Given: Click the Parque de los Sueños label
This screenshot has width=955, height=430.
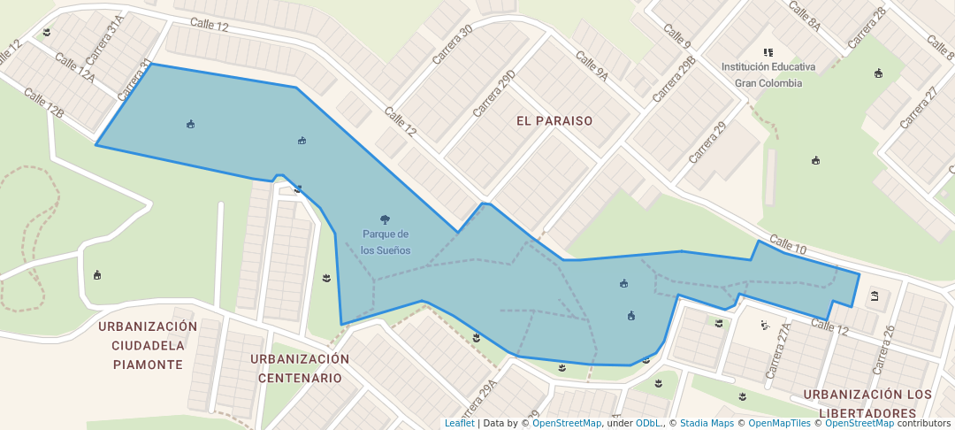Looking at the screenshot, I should click(386, 242).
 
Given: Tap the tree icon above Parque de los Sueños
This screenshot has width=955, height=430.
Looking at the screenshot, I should click(385, 219).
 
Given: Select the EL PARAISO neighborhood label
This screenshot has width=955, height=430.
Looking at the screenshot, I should click(554, 120).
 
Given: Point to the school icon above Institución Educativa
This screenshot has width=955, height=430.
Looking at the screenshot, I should click(768, 52).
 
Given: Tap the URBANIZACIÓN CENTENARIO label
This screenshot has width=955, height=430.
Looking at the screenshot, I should click(300, 368).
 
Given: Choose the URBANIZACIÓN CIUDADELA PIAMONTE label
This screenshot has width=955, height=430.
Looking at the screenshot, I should click(148, 345).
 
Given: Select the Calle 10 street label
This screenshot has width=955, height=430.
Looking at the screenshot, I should click(787, 246).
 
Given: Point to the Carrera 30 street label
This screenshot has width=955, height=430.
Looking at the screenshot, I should click(453, 43).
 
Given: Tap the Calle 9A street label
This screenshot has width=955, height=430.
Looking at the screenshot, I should click(592, 66).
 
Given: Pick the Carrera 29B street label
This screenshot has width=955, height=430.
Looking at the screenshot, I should click(675, 79).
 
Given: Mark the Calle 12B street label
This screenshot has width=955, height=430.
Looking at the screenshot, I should click(44, 104).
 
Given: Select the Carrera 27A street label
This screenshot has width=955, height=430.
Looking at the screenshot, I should click(781, 350).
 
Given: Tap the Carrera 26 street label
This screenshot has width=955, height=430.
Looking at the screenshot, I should click(884, 348).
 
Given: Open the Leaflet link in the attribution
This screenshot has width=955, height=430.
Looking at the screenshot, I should click(459, 423).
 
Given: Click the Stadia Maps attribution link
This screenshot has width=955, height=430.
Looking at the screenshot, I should click(707, 423).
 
